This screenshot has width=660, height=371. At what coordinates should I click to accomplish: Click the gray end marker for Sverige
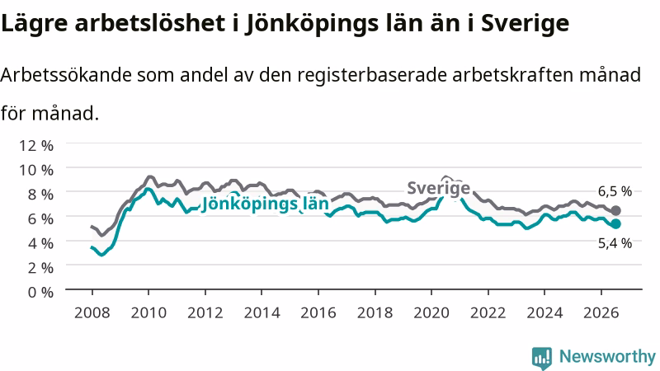click(615, 210)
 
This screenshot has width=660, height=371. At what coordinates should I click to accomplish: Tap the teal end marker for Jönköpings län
click(615, 223)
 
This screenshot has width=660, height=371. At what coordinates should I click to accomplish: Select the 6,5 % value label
click(615, 191)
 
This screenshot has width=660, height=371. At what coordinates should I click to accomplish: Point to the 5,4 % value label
click(615, 243)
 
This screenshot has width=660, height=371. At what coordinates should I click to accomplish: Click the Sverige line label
click(438, 188)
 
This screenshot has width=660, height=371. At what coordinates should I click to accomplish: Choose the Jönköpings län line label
click(265, 204)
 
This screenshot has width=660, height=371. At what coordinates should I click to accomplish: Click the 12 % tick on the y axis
click(36, 146)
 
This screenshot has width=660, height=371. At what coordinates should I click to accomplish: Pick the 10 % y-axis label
click(36, 170)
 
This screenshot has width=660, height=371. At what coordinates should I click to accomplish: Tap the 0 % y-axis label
click(40, 292)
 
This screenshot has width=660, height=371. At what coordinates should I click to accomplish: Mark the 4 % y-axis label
click(40, 243)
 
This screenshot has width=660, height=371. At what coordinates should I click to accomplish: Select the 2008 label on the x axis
click(92, 313)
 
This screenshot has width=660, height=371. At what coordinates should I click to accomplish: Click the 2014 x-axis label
click(262, 313)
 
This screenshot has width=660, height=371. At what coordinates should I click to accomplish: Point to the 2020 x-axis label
click(431, 313)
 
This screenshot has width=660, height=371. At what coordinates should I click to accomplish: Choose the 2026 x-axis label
click(601, 313)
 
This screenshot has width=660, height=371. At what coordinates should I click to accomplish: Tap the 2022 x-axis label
click(488, 313)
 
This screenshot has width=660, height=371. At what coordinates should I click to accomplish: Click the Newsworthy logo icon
click(542, 358)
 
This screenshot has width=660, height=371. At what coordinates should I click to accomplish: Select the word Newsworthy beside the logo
click(607, 357)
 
